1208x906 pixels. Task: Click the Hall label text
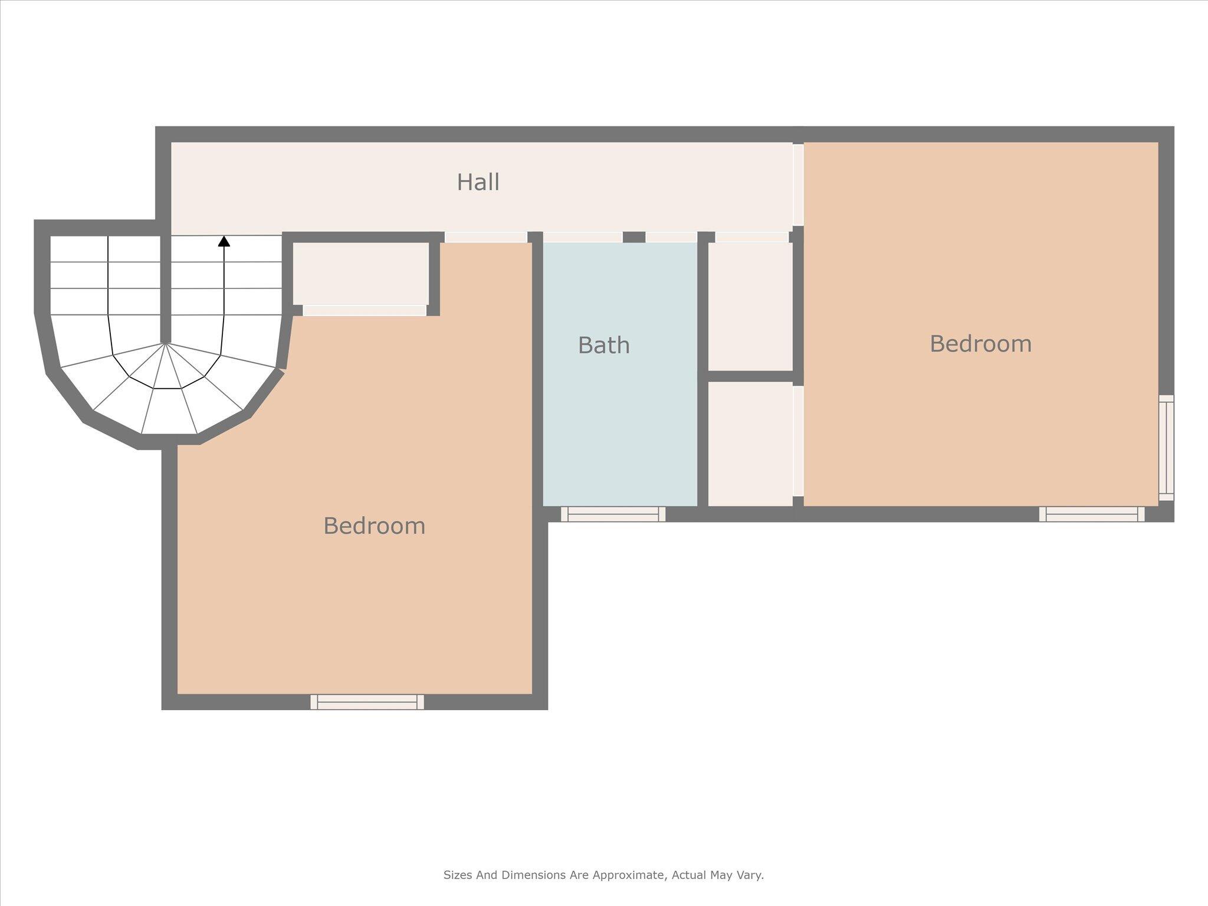(x=478, y=182)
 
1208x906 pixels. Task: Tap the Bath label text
(x=603, y=346)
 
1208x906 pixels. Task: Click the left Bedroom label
(x=374, y=526)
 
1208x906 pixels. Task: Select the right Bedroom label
(x=980, y=344)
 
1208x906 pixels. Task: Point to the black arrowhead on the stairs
(x=224, y=241)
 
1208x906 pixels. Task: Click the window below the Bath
(x=613, y=514)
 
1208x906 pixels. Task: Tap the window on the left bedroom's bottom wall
(x=367, y=702)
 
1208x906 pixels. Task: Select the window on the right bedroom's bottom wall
(x=1091, y=514)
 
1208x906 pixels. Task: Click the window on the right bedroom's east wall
(x=1166, y=448)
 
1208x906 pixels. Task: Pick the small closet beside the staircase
(x=360, y=273)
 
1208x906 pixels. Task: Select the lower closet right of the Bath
(x=750, y=444)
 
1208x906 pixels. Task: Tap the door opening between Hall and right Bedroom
(x=798, y=185)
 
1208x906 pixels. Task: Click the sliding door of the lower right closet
(x=798, y=441)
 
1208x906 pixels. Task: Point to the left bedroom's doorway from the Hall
(x=485, y=237)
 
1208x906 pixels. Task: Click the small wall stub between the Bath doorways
(x=634, y=237)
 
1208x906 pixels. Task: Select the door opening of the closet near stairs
(x=365, y=310)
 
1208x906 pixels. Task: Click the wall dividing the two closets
(x=750, y=376)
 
